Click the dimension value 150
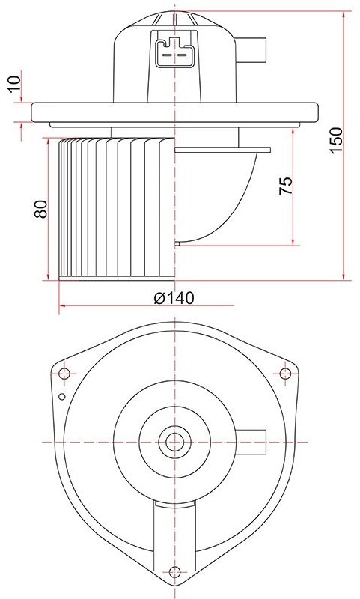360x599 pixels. click(336, 140)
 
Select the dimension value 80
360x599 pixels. click(41, 209)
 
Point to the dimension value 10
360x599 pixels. click(15, 84)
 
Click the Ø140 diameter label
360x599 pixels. click(174, 297)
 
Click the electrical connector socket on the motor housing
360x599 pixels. click(174, 52)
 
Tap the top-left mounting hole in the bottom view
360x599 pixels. click(64, 373)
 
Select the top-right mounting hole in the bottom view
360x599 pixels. click(285, 373)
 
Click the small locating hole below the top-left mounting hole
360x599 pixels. click(62, 397)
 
